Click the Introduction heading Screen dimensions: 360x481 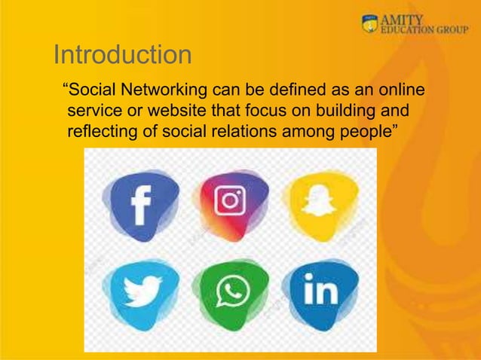(x=123, y=55)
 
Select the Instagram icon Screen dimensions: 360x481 (x=230, y=201)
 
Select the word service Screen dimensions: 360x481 (x=93, y=113)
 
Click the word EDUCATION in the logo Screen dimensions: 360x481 (x=408, y=31)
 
